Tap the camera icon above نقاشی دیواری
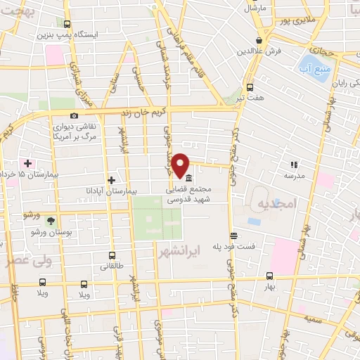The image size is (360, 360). (x=74, y=116)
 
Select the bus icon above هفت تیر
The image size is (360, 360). (x=250, y=88)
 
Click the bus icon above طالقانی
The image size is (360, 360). (x=112, y=257)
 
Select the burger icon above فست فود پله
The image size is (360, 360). (x=233, y=236)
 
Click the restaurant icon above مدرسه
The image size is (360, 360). (x=294, y=164)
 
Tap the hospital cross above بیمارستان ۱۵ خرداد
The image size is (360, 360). (x=27, y=162)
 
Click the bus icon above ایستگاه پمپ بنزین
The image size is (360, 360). (x=67, y=23)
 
